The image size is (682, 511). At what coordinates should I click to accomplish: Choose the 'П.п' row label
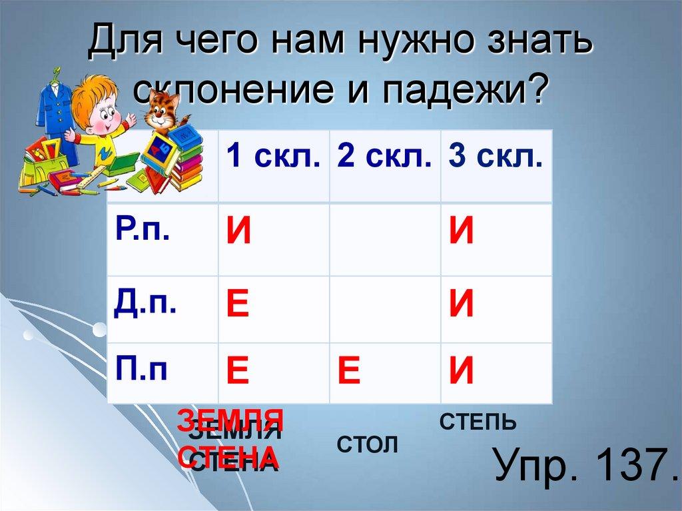click(x=141, y=368)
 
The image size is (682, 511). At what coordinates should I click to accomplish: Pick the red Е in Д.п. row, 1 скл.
click(x=238, y=305)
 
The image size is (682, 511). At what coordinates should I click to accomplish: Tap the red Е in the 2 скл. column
click(x=349, y=372)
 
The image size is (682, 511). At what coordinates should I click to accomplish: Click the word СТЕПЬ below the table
click(x=478, y=422)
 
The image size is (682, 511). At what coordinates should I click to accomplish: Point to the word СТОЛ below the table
click(x=367, y=444)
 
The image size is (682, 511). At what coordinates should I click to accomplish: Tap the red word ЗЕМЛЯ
click(x=230, y=422)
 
